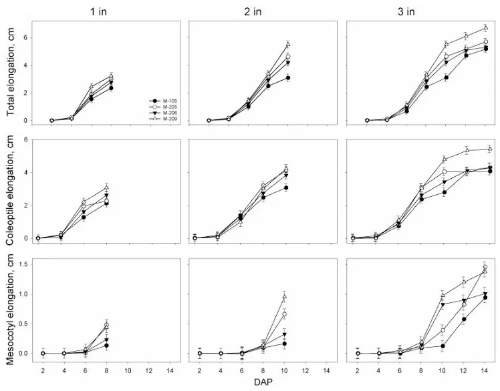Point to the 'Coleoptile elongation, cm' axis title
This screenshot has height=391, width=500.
[11, 188]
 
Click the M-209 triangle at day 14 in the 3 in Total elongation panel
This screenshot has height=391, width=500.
[485, 28]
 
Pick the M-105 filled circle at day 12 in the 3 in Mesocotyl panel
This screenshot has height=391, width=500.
[464, 319]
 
